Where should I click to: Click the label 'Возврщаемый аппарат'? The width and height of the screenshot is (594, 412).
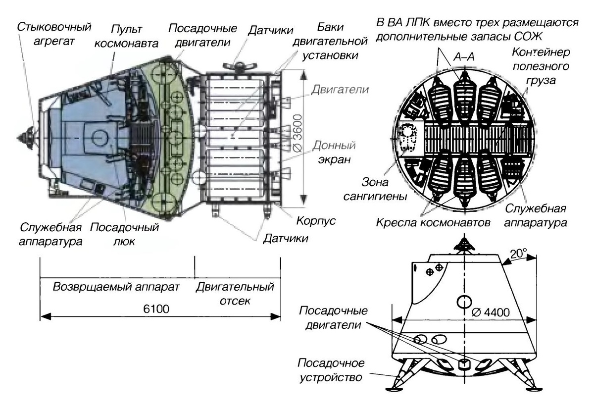[116, 288]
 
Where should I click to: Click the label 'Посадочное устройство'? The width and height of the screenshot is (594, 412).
[329, 370]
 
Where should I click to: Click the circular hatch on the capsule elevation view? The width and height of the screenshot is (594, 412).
[464, 300]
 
